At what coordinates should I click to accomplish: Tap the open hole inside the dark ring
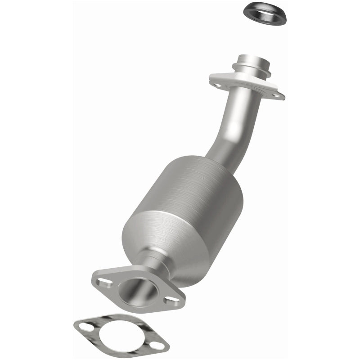tap(265, 12)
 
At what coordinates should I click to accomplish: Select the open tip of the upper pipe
tap(254, 58)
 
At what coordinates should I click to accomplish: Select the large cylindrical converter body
tap(189, 202)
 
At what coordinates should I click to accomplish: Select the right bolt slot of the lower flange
tap(171, 300)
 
